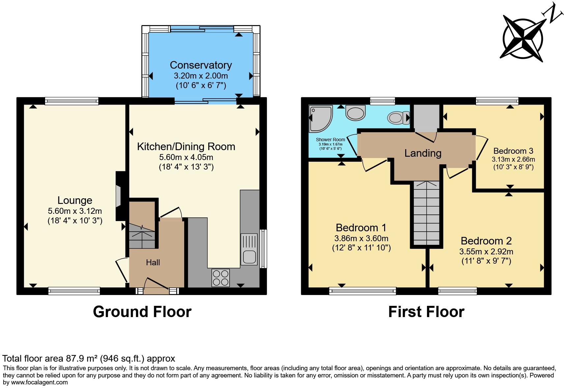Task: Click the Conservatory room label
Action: click(201, 65)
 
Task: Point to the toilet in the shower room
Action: click(397, 117)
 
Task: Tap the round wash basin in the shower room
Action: click(355, 113)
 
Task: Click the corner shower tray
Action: click(320, 118)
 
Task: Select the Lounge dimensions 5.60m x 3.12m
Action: click(75, 211)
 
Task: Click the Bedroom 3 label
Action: click(513, 151)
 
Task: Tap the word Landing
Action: click(423, 153)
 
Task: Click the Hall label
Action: click(153, 263)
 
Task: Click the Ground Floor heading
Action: click(142, 312)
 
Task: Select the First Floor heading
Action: click(426, 312)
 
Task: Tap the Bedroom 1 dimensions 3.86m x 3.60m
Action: click(361, 238)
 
